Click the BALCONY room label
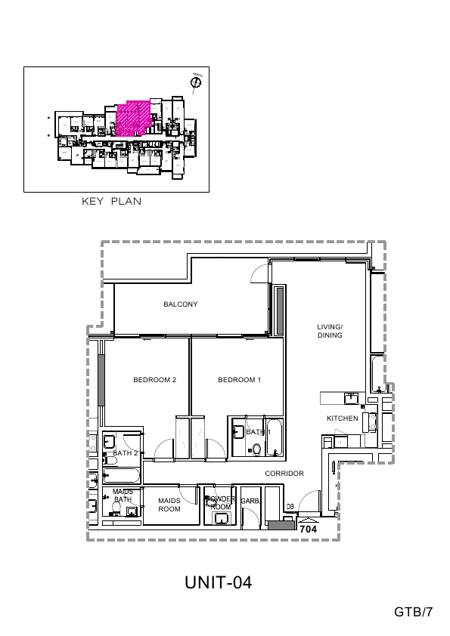[x=181, y=304]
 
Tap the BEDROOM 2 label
[x=154, y=380]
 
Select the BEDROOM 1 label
[x=239, y=380]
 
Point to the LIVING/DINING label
[x=330, y=331]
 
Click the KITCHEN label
[x=342, y=418]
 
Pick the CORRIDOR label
[x=284, y=474]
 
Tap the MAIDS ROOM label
[x=169, y=505]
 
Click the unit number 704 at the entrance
[x=308, y=530]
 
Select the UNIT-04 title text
[x=218, y=582]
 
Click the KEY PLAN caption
[x=111, y=202]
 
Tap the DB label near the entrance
[x=290, y=507]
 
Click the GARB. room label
[x=250, y=501]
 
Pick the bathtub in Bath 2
[x=123, y=477]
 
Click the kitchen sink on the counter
[x=351, y=397]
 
